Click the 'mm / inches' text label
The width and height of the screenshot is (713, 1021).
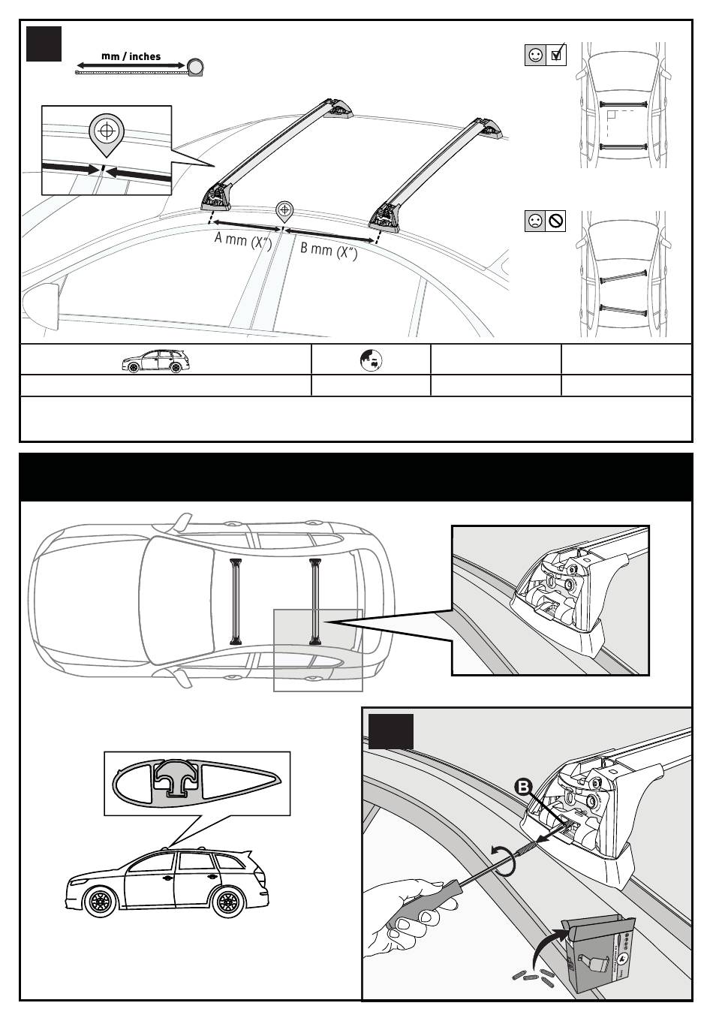point(131,56)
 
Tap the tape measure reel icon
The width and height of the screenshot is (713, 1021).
point(196,67)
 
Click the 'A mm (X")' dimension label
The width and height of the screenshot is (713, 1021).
point(243,239)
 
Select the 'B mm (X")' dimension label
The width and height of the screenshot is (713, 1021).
point(329,251)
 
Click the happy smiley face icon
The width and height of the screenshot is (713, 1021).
point(535,55)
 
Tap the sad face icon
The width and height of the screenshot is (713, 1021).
point(535,221)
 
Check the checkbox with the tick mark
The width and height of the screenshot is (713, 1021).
point(556,55)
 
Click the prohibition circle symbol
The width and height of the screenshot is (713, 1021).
point(556,221)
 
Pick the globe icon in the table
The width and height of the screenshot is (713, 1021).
point(371,360)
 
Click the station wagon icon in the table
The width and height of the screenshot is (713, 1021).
point(155,361)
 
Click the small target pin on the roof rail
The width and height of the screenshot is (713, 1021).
point(284,212)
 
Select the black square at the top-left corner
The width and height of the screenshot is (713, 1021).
point(44,44)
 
